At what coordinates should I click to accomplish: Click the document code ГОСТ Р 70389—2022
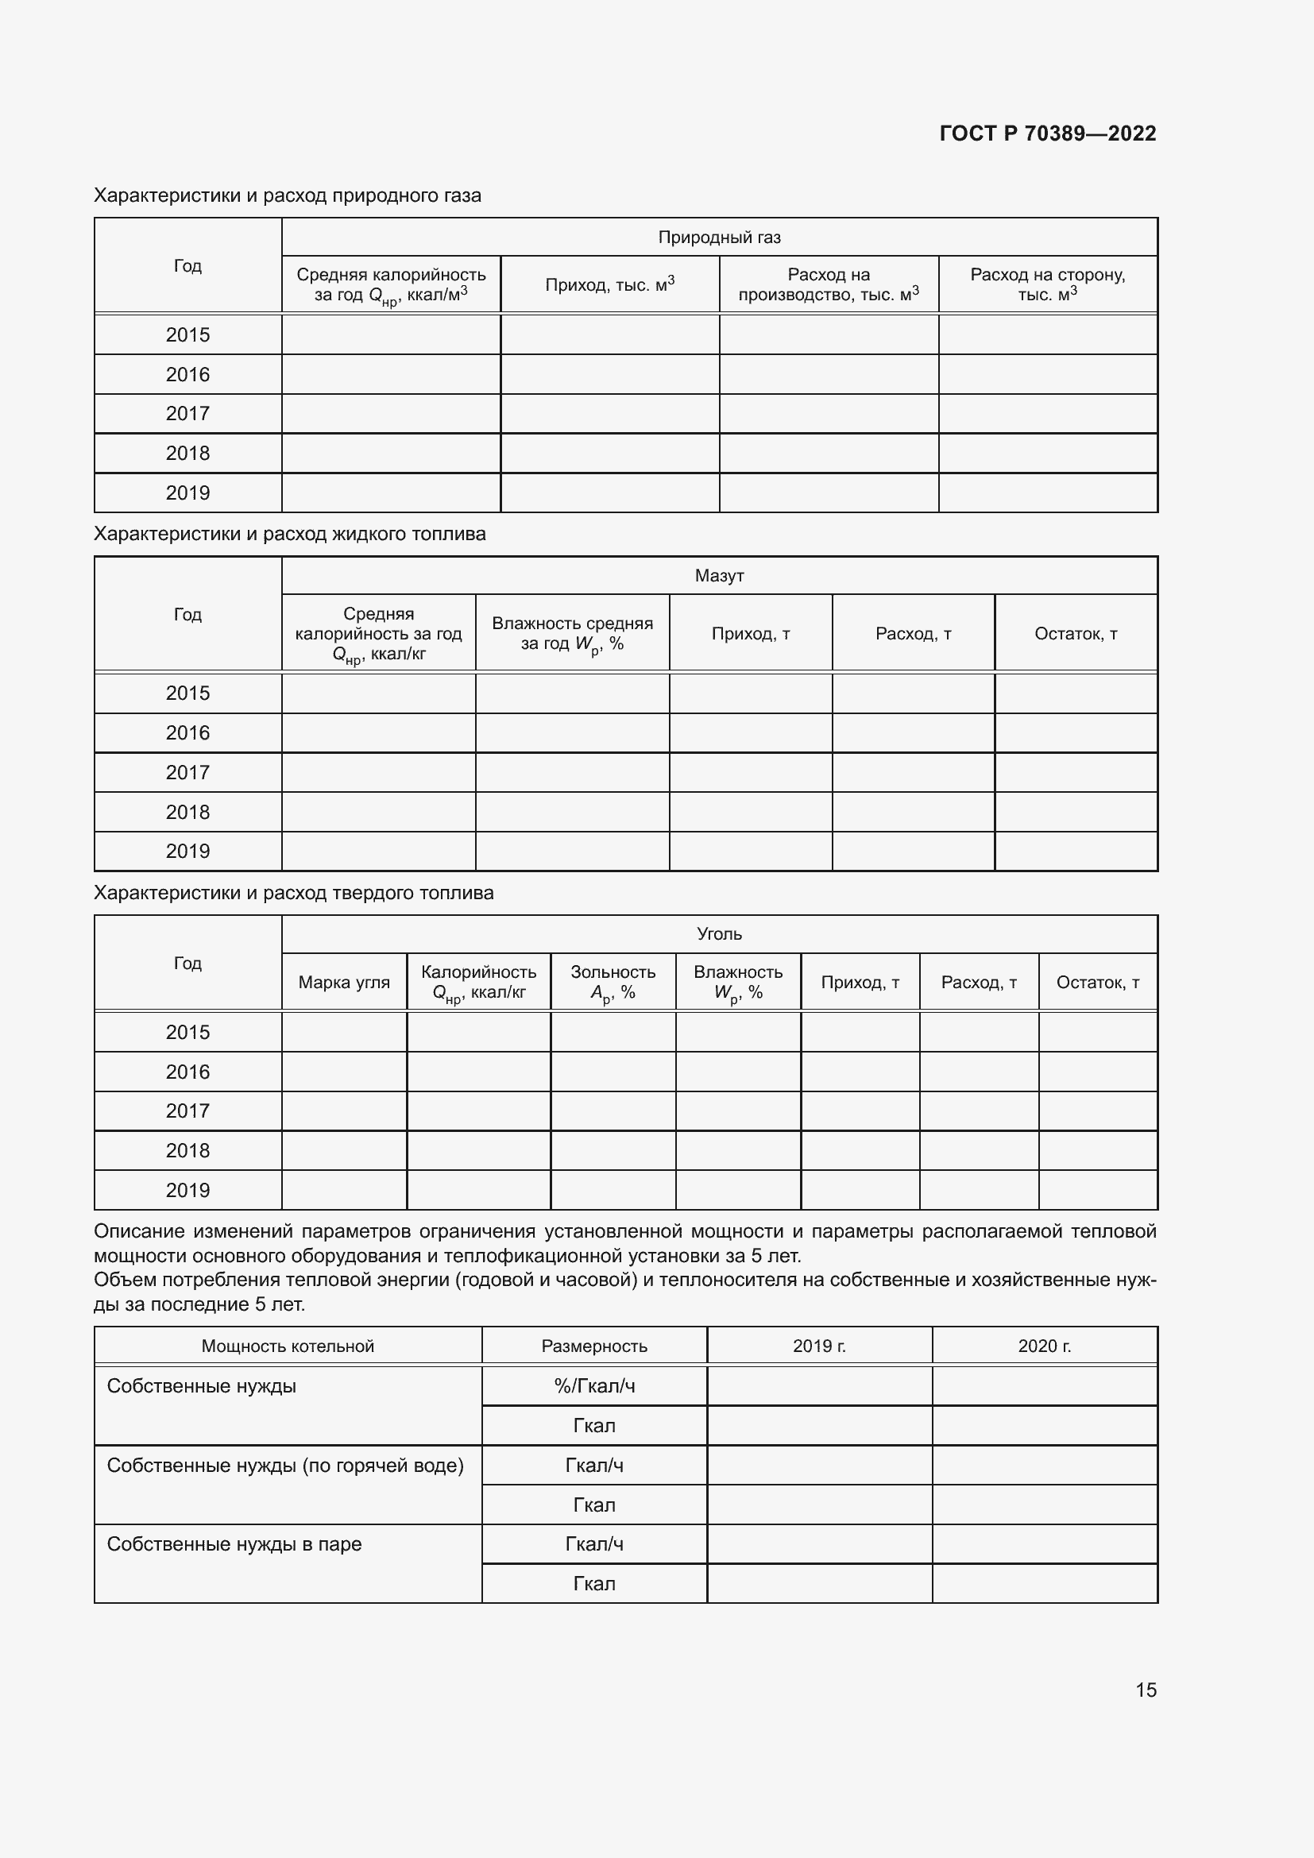click(x=1047, y=133)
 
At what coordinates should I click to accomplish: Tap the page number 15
click(x=1146, y=1690)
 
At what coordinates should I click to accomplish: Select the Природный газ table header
click(x=718, y=237)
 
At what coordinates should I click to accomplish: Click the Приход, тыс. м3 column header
click(x=609, y=284)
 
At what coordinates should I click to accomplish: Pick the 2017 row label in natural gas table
click(x=187, y=414)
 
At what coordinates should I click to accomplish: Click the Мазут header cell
click(x=718, y=575)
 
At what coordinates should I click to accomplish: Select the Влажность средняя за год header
click(x=572, y=634)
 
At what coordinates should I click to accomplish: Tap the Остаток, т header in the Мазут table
click(x=1076, y=634)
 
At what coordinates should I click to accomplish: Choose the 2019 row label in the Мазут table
click(x=187, y=852)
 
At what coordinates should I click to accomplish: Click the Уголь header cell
click(x=718, y=934)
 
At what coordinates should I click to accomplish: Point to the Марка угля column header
click(x=344, y=983)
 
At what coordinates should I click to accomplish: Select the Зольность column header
click(x=613, y=983)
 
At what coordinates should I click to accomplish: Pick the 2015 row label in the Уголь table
click(x=187, y=1032)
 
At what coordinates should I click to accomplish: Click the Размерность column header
click(x=594, y=1346)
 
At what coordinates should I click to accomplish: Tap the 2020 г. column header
click(x=1044, y=1346)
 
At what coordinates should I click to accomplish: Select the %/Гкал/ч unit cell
click(x=594, y=1386)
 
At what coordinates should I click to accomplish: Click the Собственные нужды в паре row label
click(x=234, y=1544)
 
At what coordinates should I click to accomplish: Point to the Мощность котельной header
click(x=288, y=1346)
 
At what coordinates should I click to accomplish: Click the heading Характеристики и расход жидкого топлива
click(x=290, y=534)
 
